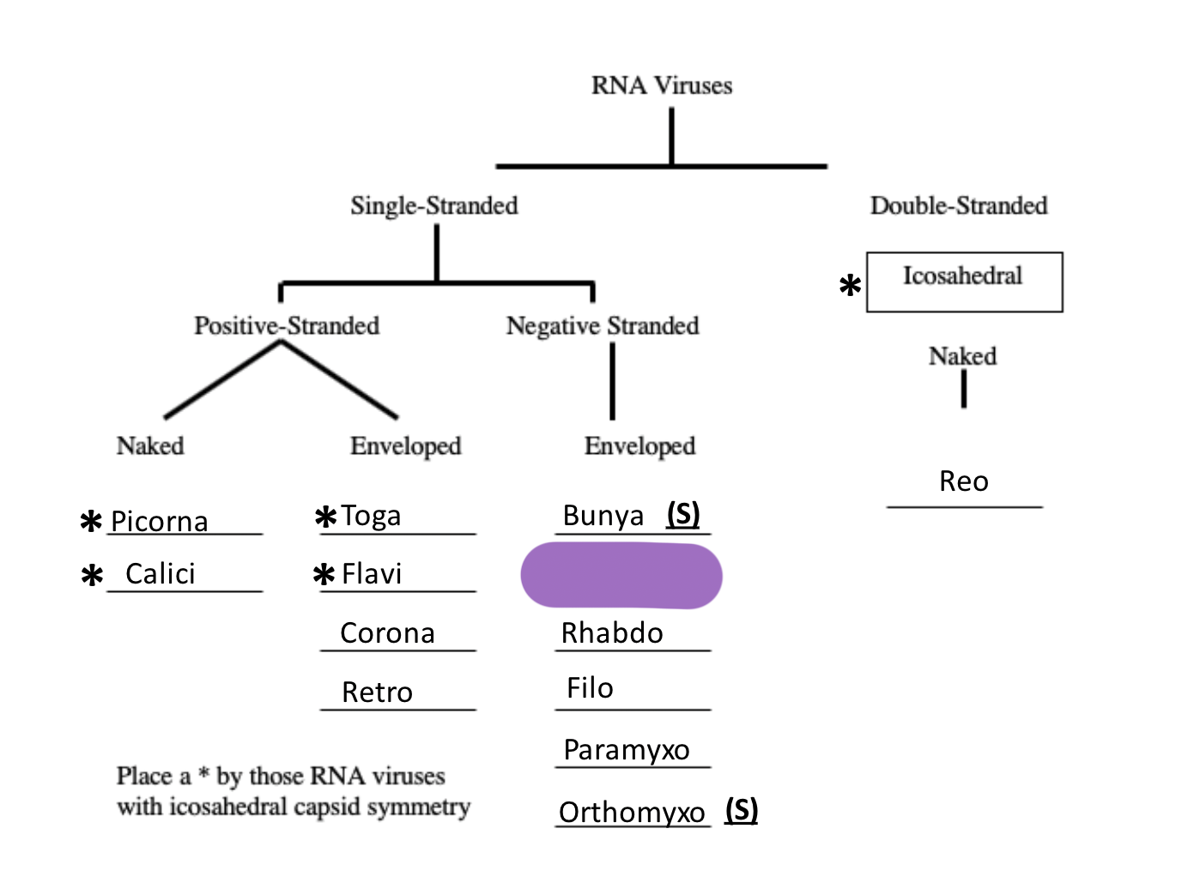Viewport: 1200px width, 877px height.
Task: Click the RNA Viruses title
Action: point(661,86)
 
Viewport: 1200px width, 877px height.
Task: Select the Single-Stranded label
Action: point(433,206)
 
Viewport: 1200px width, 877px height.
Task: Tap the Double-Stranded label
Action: point(958,206)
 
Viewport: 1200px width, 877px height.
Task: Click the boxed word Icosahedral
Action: point(962,276)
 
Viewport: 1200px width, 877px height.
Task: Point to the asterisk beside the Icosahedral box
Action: point(850,286)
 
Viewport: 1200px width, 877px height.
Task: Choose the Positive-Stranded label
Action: point(286,326)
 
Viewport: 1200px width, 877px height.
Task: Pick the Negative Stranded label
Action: point(602,326)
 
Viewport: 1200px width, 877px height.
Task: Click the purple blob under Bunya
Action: point(621,575)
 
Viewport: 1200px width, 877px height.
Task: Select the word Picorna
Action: point(160,522)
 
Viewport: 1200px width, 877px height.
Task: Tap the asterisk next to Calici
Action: point(92,575)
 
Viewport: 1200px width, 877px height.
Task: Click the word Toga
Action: point(371,516)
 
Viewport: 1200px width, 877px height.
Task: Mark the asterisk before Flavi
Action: point(324,574)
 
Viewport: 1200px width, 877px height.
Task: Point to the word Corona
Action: point(387,633)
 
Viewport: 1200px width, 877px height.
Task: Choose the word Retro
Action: point(377,693)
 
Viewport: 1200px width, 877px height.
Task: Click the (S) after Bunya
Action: point(683,514)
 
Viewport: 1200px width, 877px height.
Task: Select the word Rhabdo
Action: point(612,633)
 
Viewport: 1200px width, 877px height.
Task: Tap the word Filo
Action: point(590,688)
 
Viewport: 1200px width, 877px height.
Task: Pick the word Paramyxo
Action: point(626,750)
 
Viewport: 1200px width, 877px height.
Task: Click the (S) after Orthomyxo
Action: point(742,809)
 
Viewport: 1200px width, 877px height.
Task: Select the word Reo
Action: point(963,481)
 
